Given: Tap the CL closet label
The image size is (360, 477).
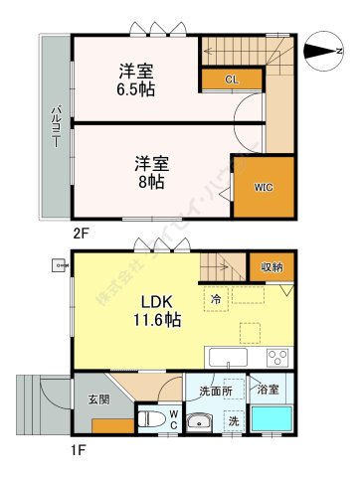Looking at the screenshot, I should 231,79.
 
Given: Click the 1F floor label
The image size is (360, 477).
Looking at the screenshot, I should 78,449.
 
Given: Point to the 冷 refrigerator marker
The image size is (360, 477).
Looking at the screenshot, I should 215,297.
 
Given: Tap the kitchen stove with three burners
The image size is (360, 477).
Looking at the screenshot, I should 276,358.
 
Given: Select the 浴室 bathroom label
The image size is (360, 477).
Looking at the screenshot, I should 270,390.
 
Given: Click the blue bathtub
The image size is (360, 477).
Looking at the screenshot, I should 272,419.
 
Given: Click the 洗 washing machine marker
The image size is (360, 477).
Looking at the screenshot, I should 233,419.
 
